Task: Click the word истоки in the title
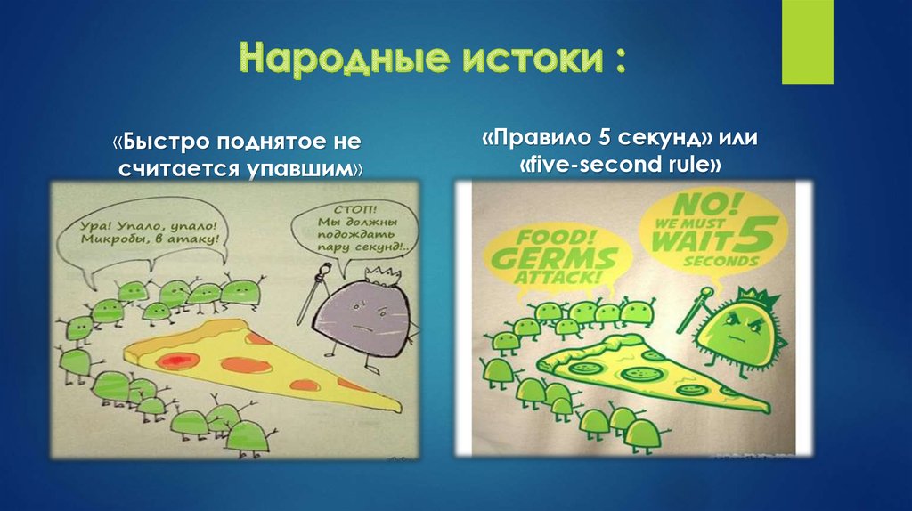519,63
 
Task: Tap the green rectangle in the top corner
807,42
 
